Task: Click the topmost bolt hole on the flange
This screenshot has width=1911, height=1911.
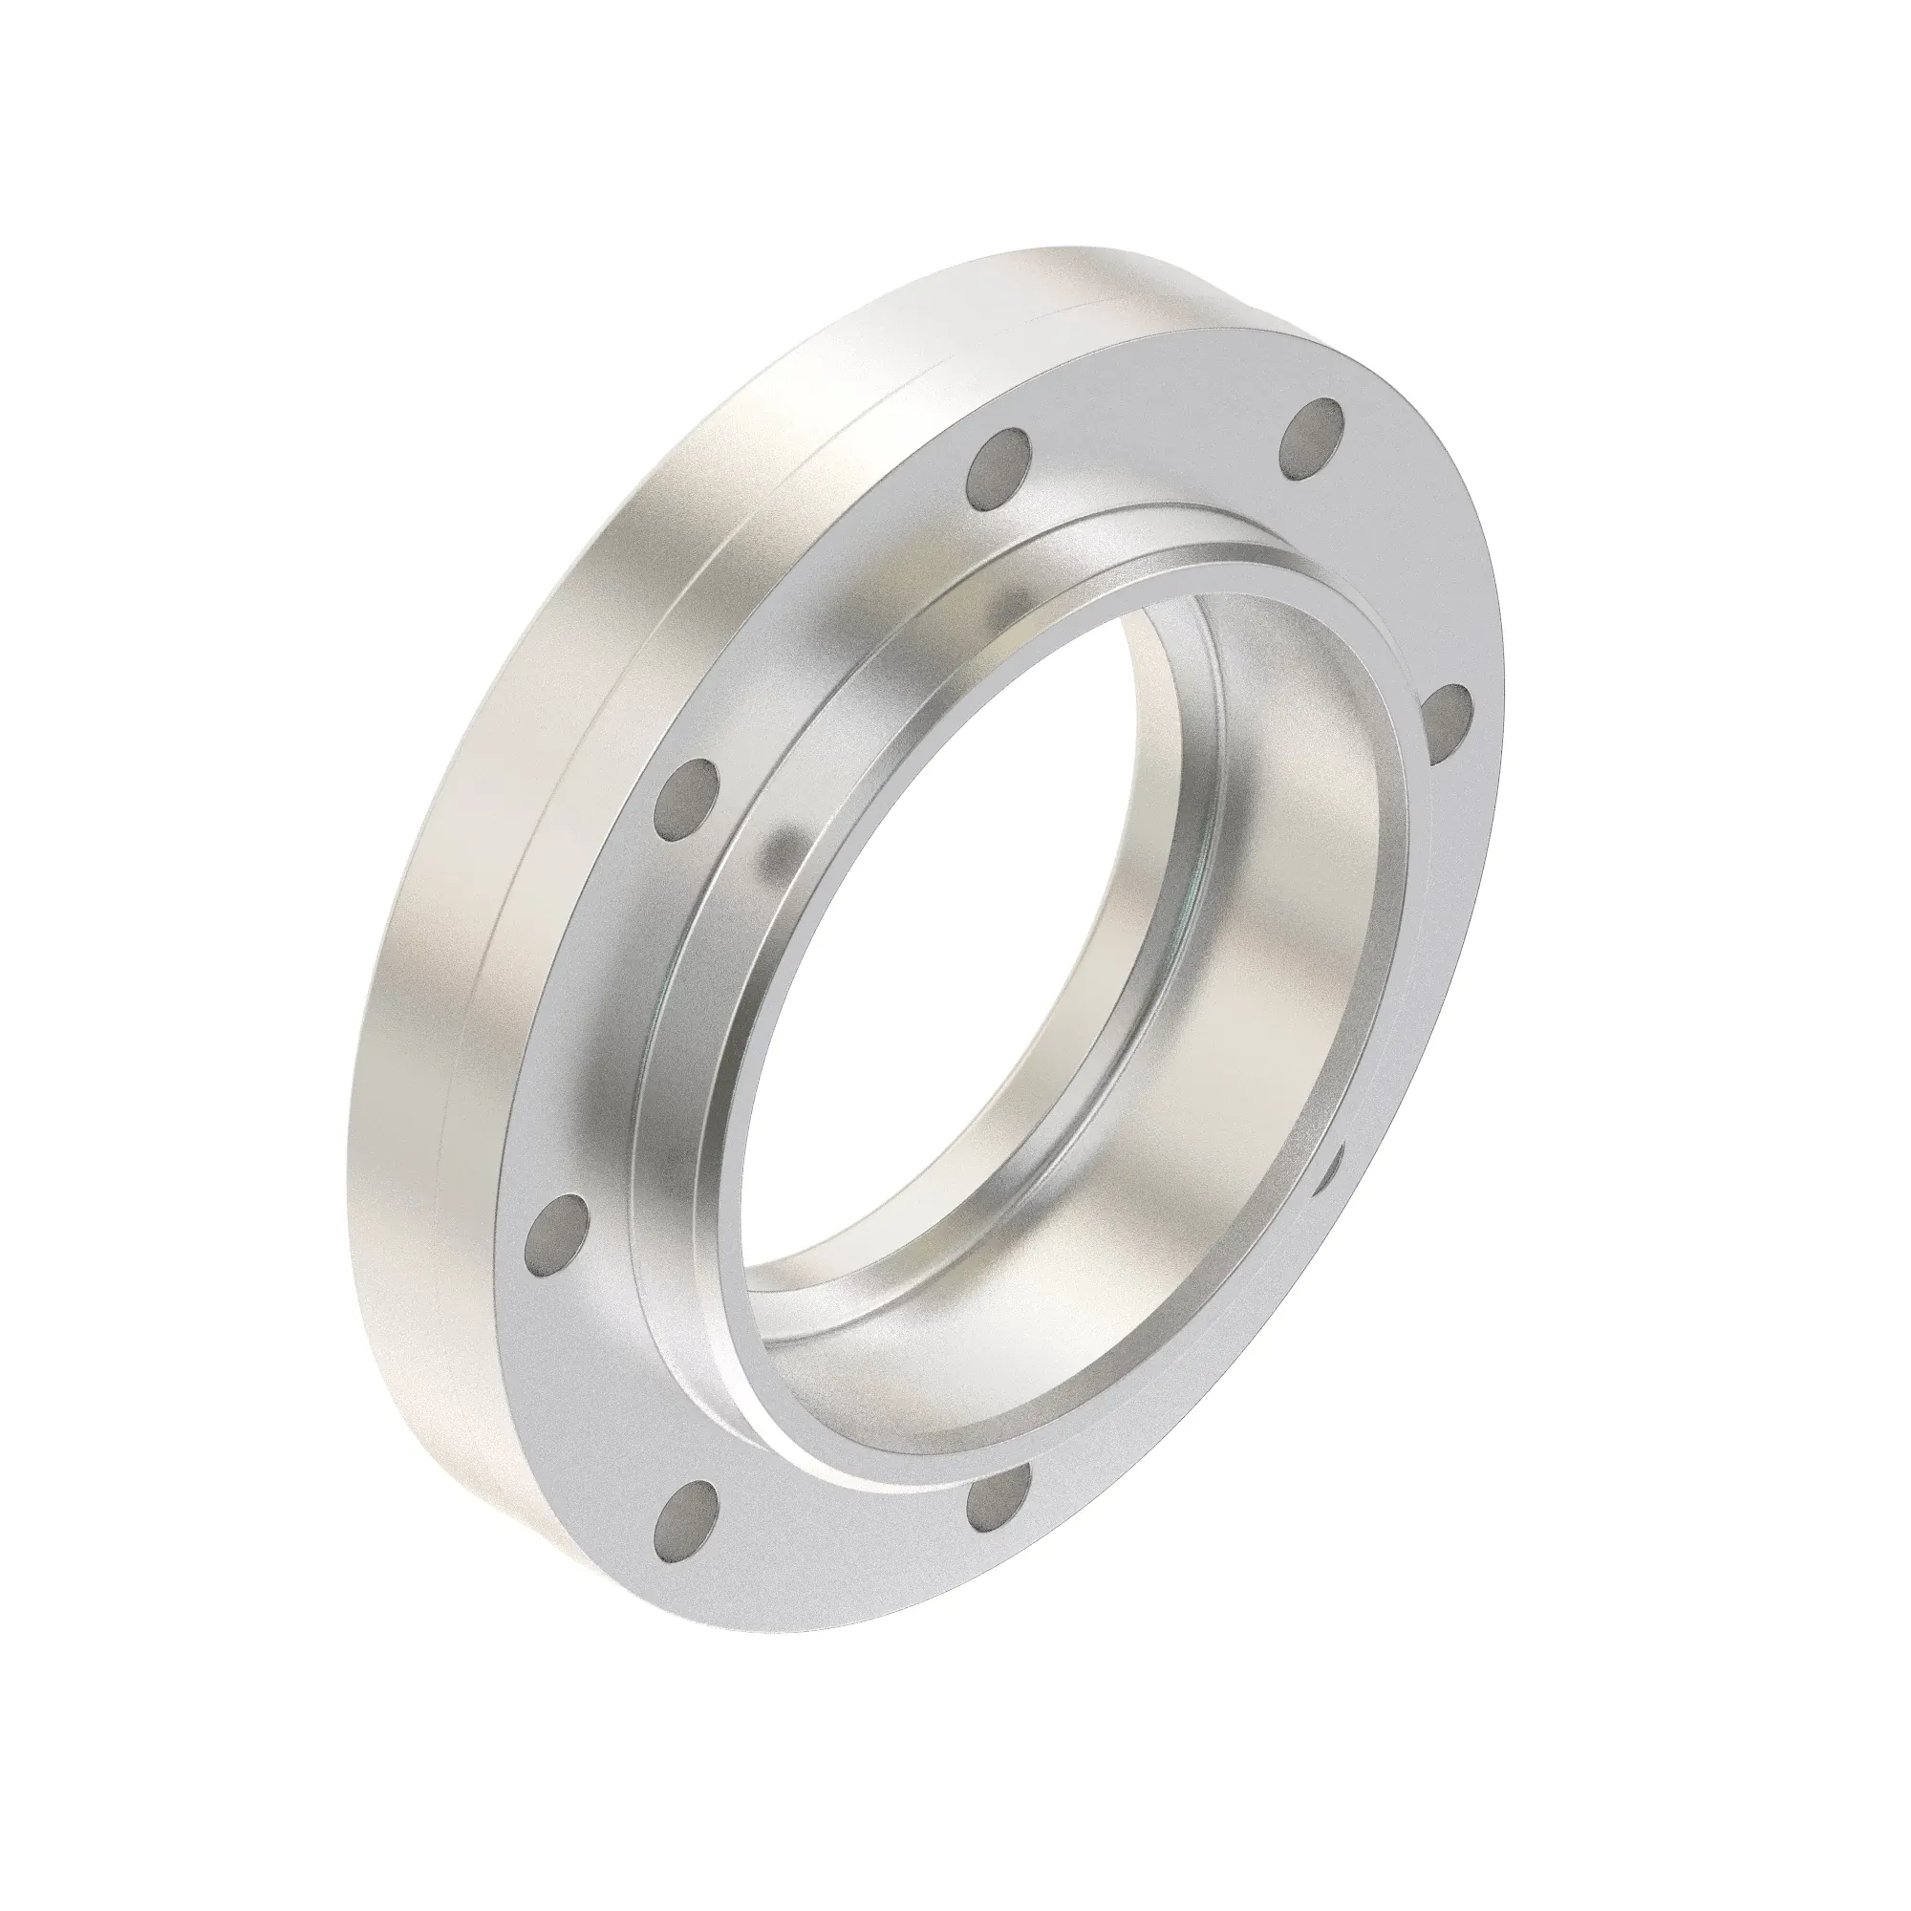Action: (1312, 438)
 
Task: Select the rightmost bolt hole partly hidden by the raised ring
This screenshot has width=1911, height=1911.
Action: (1444, 723)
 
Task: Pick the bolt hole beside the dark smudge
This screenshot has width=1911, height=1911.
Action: (687, 800)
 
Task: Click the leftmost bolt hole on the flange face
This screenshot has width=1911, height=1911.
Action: (556, 1234)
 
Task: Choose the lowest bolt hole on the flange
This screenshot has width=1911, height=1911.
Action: (686, 1550)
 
